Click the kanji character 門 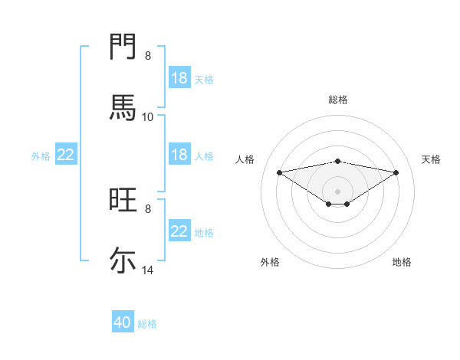tap(123, 47)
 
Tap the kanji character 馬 tap(123, 107)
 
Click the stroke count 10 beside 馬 tap(147, 117)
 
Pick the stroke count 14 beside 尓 tap(148, 270)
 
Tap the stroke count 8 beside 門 tap(148, 56)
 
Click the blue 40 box tap(123, 322)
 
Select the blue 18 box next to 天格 tap(179, 78)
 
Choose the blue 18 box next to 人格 tap(179, 155)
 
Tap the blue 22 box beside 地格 tap(179, 231)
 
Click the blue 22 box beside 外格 tap(66, 155)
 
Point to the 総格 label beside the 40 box tap(147, 324)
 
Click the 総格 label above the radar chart tap(338, 100)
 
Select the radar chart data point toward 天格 tap(396, 172)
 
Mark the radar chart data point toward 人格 tap(279, 172)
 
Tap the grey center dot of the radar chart tap(338, 191)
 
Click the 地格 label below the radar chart tap(402, 262)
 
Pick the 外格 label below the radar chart tap(270, 262)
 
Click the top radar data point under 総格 tap(338, 161)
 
